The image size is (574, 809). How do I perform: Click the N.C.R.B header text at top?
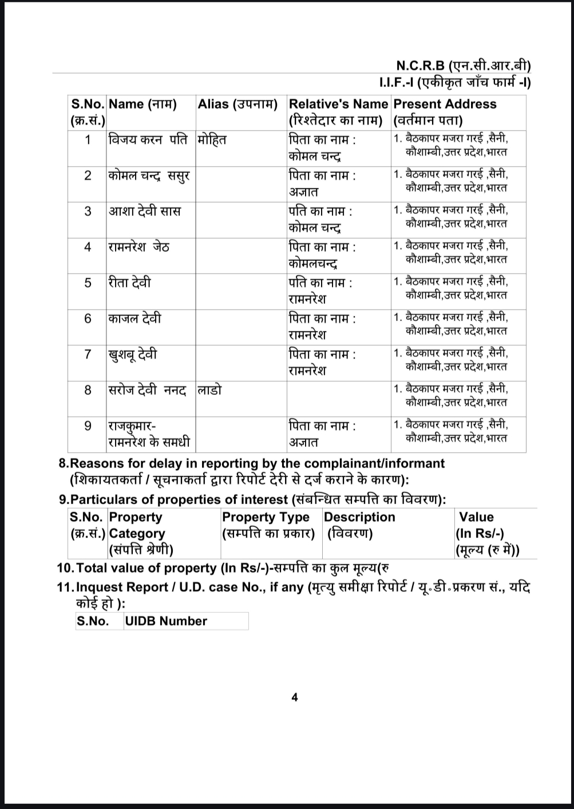pos(462,65)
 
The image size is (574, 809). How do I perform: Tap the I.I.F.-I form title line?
pos(455,83)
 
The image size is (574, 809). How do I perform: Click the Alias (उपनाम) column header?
pos(237,105)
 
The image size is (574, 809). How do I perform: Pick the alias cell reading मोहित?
pos(212,140)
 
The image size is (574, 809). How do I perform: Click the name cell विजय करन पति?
pos(148,140)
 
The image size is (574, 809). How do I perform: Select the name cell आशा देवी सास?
pos(145,211)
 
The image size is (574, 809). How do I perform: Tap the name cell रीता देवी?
pos(130,283)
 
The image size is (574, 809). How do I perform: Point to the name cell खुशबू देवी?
pos(133,355)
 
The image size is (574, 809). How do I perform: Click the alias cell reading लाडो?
pos(209,390)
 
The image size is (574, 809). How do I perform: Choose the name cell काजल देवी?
pos(135,318)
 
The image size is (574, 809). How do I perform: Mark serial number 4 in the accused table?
pos(88,247)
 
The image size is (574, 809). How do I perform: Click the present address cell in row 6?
pos(451,324)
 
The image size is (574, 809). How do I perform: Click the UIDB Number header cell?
pos(166,621)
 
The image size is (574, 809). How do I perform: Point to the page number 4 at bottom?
pos(295,697)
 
